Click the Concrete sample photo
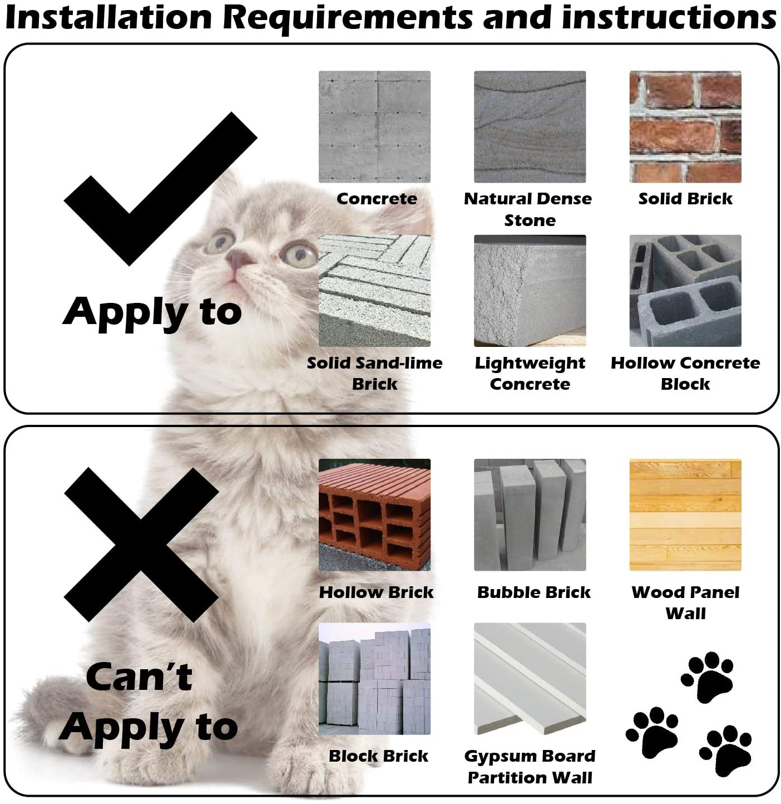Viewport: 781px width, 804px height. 374,126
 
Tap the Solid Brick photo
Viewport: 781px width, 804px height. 685,126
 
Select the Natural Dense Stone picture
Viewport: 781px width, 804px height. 530,126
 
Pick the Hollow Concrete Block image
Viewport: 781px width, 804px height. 685,291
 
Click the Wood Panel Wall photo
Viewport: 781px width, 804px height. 685,514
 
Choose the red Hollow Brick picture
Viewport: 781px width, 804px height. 374,514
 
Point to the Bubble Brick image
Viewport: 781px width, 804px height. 530,514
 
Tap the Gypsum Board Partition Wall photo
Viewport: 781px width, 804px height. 530,679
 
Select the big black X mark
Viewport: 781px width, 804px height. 141,545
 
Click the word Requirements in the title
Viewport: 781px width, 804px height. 347,18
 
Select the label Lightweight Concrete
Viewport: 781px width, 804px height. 530,373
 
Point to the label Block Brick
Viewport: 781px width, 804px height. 378,756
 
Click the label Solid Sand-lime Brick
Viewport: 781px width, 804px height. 374,373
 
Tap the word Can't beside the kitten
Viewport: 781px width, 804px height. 139,677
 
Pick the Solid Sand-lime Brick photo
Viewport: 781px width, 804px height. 374,291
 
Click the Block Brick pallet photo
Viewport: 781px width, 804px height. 374,679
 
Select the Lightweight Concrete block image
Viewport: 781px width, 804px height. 530,291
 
